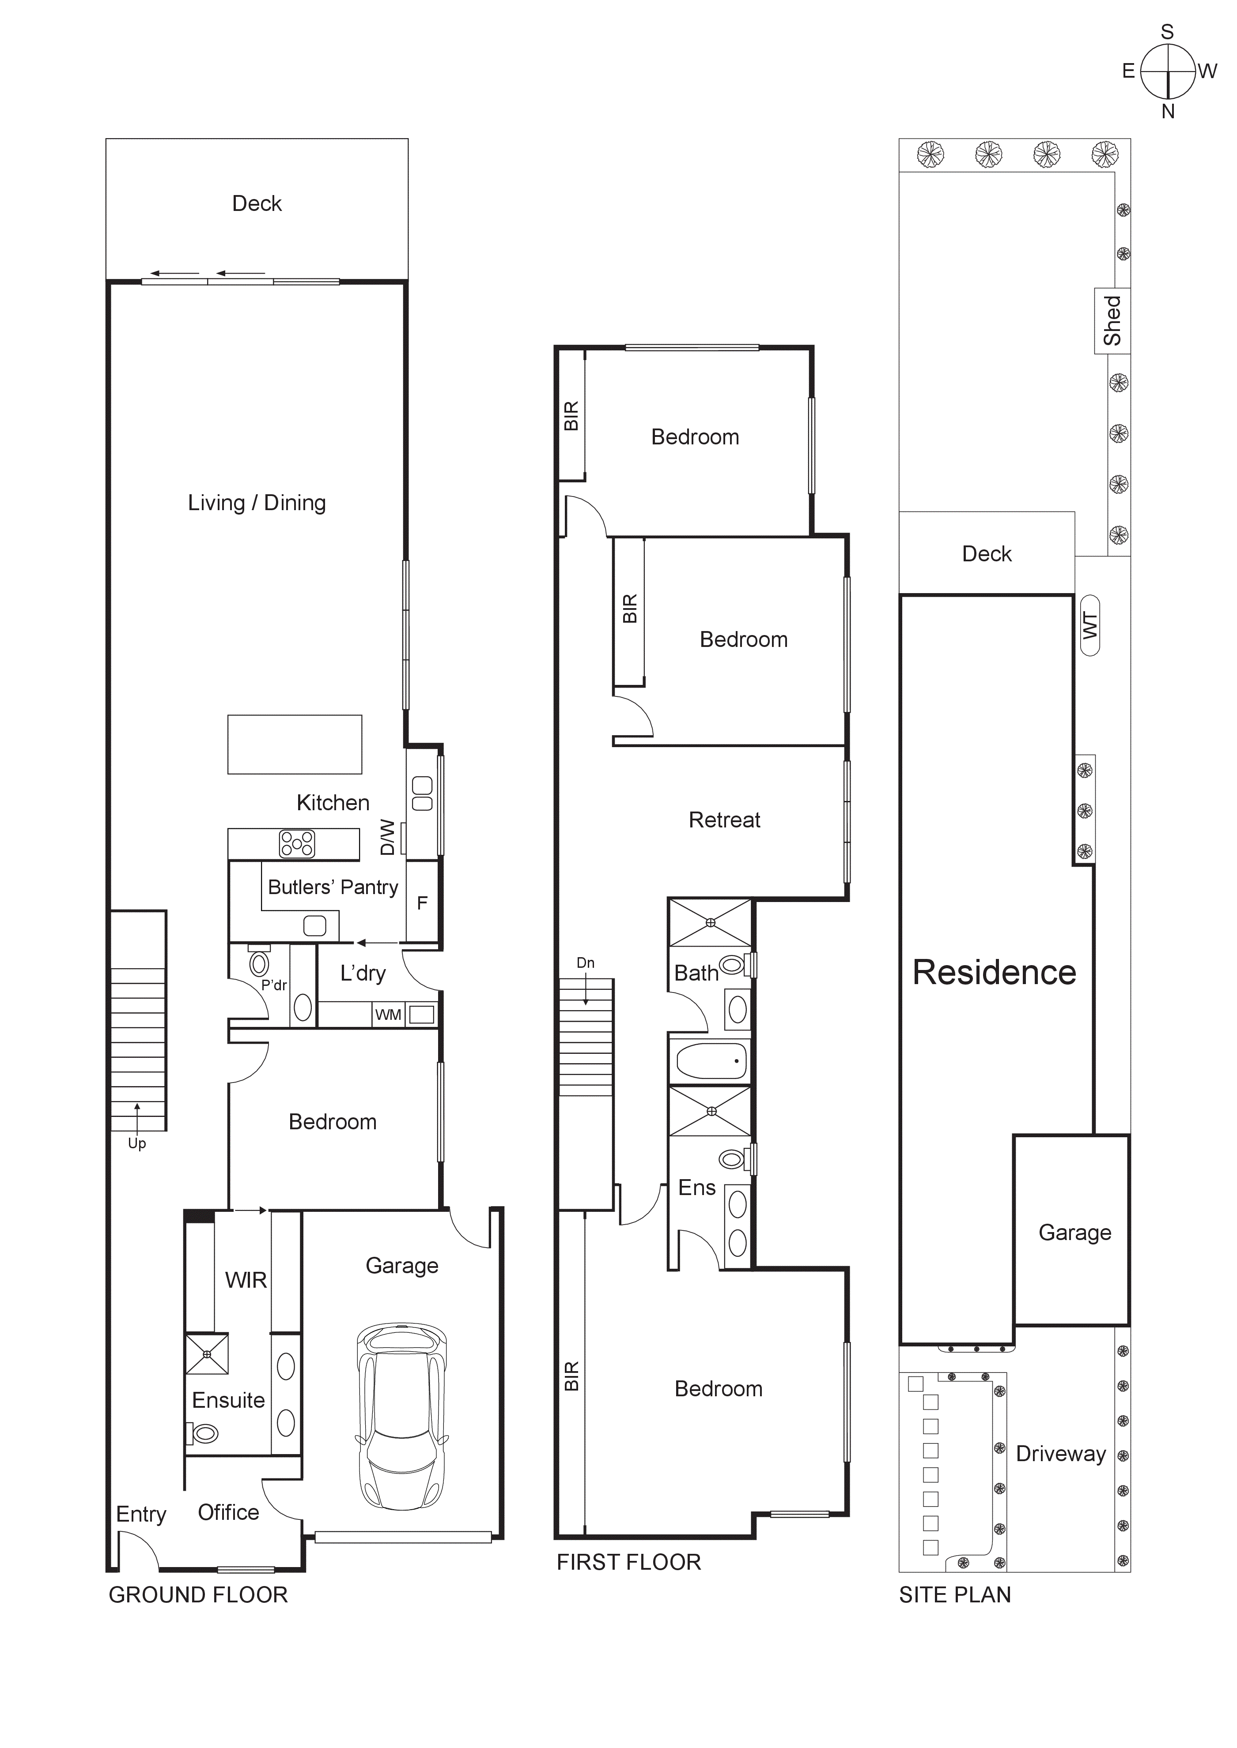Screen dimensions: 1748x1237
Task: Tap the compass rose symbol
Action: tap(1168, 71)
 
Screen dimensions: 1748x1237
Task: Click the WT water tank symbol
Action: tap(1090, 625)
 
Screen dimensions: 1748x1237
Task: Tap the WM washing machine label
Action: tap(388, 1015)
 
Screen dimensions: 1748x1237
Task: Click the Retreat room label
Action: tap(724, 820)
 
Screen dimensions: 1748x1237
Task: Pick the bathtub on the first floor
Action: tap(711, 1061)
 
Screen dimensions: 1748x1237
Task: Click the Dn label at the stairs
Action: tap(585, 963)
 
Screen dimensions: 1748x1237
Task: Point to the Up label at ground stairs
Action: tap(136, 1143)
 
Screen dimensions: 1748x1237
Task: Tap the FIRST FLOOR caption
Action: tap(628, 1562)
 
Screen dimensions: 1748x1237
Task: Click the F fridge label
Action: tap(422, 903)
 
